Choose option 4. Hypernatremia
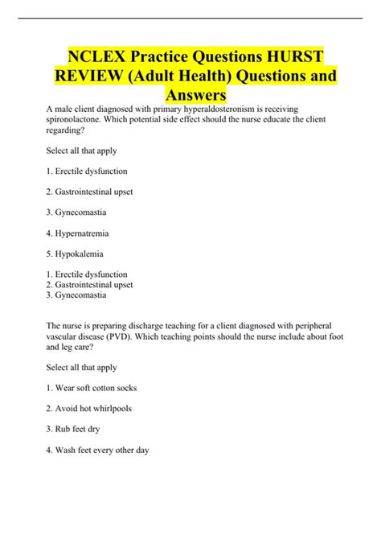(x=78, y=233)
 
